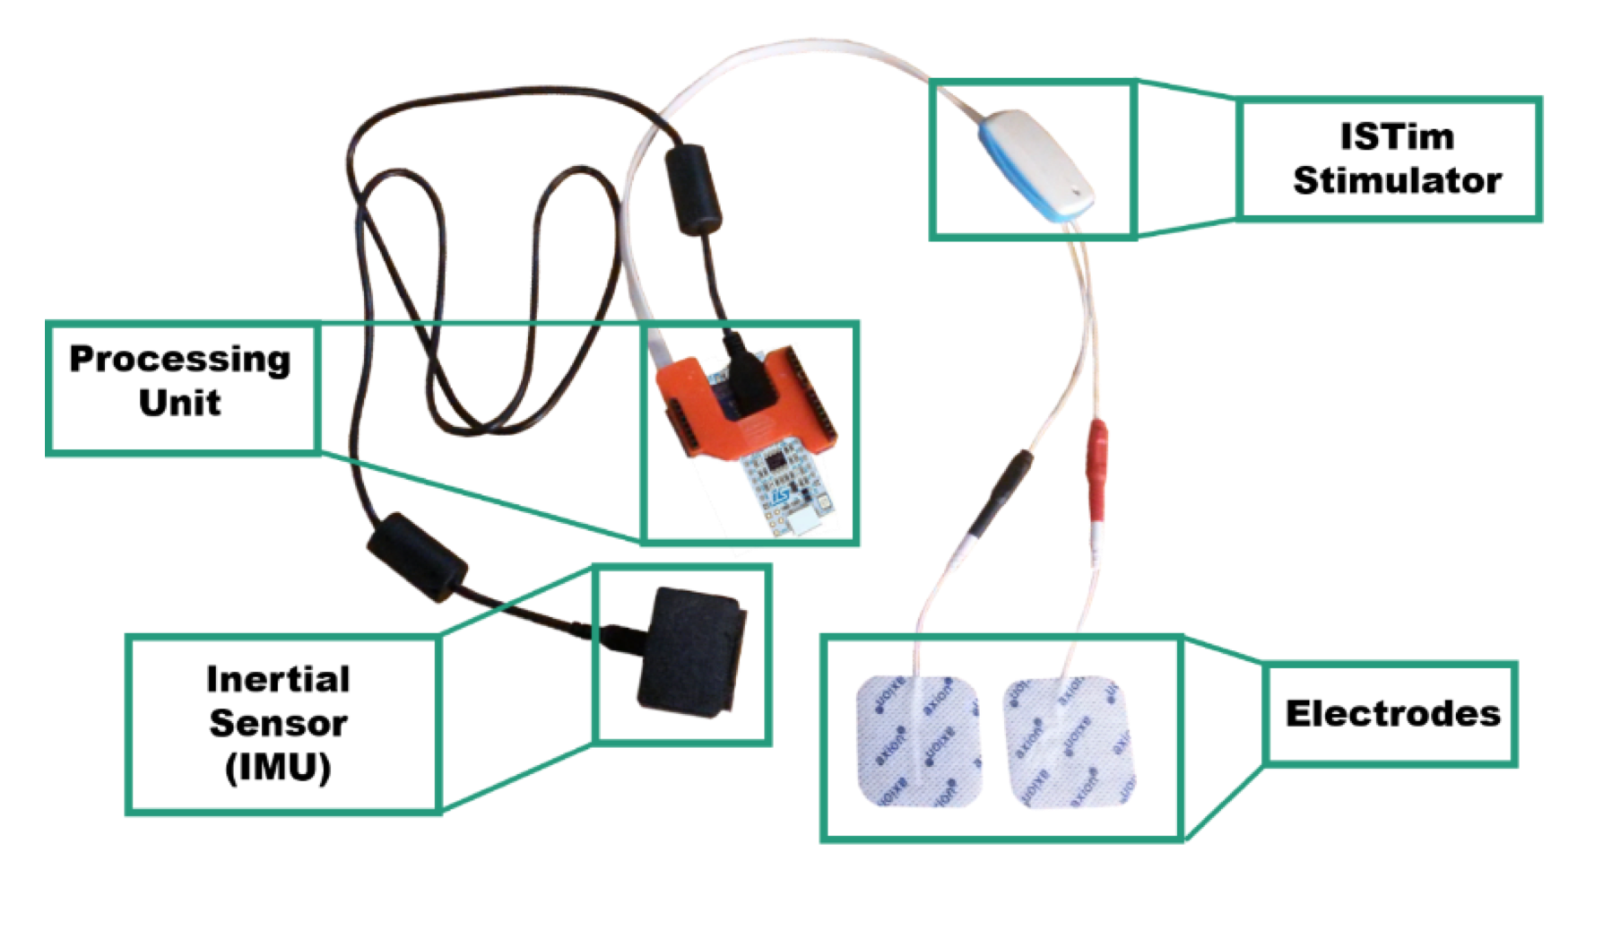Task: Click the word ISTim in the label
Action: (1396, 137)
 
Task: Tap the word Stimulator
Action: (1396, 180)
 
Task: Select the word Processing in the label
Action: (180, 359)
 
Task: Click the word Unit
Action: (179, 403)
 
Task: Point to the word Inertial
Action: (278, 679)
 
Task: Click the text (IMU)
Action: (278, 768)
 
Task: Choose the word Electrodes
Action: (1392, 714)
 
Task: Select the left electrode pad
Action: (916, 741)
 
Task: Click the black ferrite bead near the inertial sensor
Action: (417, 556)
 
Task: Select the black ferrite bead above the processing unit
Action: (693, 191)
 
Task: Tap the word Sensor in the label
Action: (278, 723)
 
